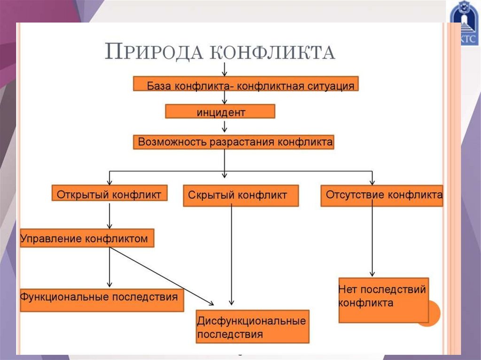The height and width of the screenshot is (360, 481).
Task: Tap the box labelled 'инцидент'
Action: [220, 112]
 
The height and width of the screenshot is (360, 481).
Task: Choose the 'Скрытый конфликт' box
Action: [240, 196]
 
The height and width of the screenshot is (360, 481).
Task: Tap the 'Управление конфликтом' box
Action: [86, 238]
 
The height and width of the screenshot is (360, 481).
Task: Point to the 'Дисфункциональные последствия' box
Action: [253, 327]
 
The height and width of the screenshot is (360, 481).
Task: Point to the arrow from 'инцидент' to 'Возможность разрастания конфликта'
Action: [225, 126]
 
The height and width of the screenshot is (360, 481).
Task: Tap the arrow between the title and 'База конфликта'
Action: [225, 69]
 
